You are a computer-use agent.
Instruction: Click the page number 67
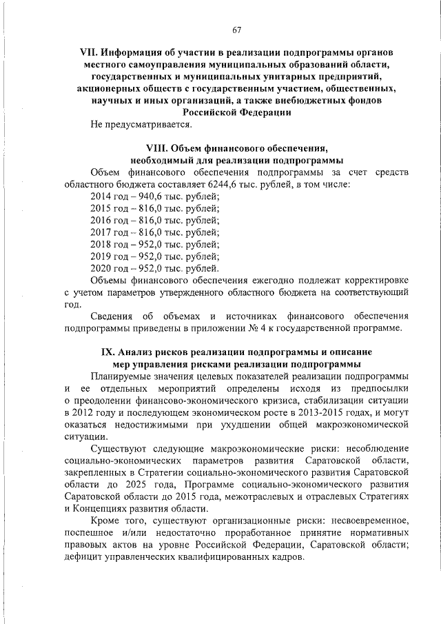click(x=236, y=30)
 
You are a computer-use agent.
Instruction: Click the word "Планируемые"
click(x=123, y=376)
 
